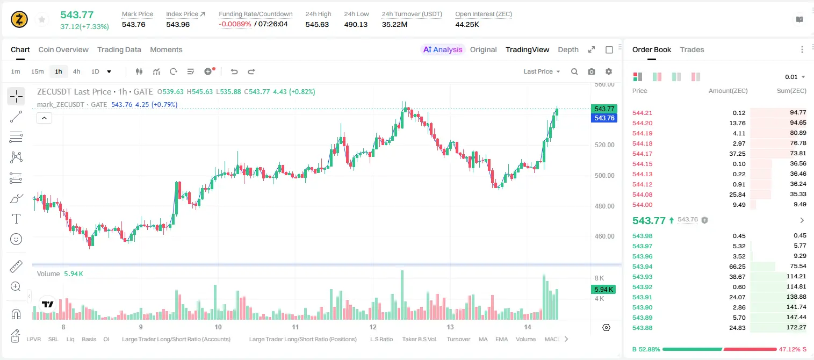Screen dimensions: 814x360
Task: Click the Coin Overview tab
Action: tap(63, 49)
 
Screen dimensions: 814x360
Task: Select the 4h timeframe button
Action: tap(76, 71)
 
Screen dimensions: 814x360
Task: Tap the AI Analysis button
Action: tap(443, 49)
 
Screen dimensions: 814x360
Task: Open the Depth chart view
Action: tap(568, 49)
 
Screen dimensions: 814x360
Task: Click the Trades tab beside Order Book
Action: tap(692, 49)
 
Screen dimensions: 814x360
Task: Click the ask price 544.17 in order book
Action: tap(642, 154)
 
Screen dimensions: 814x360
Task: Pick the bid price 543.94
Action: tap(642, 267)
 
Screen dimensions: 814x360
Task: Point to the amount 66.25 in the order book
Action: tap(737, 267)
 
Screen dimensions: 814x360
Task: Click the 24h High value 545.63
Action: tap(317, 24)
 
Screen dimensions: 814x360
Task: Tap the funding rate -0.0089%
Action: tap(235, 24)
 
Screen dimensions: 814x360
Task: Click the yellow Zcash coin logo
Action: tap(19, 19)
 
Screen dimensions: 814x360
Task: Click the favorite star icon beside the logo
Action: tap(42, 19)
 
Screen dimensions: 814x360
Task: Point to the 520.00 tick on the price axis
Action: tap(604, 145)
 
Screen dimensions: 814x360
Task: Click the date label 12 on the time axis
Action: tap(373, 327)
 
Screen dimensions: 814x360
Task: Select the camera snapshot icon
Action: tap(592, 71)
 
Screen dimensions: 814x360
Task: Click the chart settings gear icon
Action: tap(609, 71)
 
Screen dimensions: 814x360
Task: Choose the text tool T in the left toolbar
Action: tap(16, 219)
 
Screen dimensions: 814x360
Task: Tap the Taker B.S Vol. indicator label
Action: tap(419, 339)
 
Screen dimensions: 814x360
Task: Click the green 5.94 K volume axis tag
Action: tap(603, 289)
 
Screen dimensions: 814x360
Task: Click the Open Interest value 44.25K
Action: tap(467, 24)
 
